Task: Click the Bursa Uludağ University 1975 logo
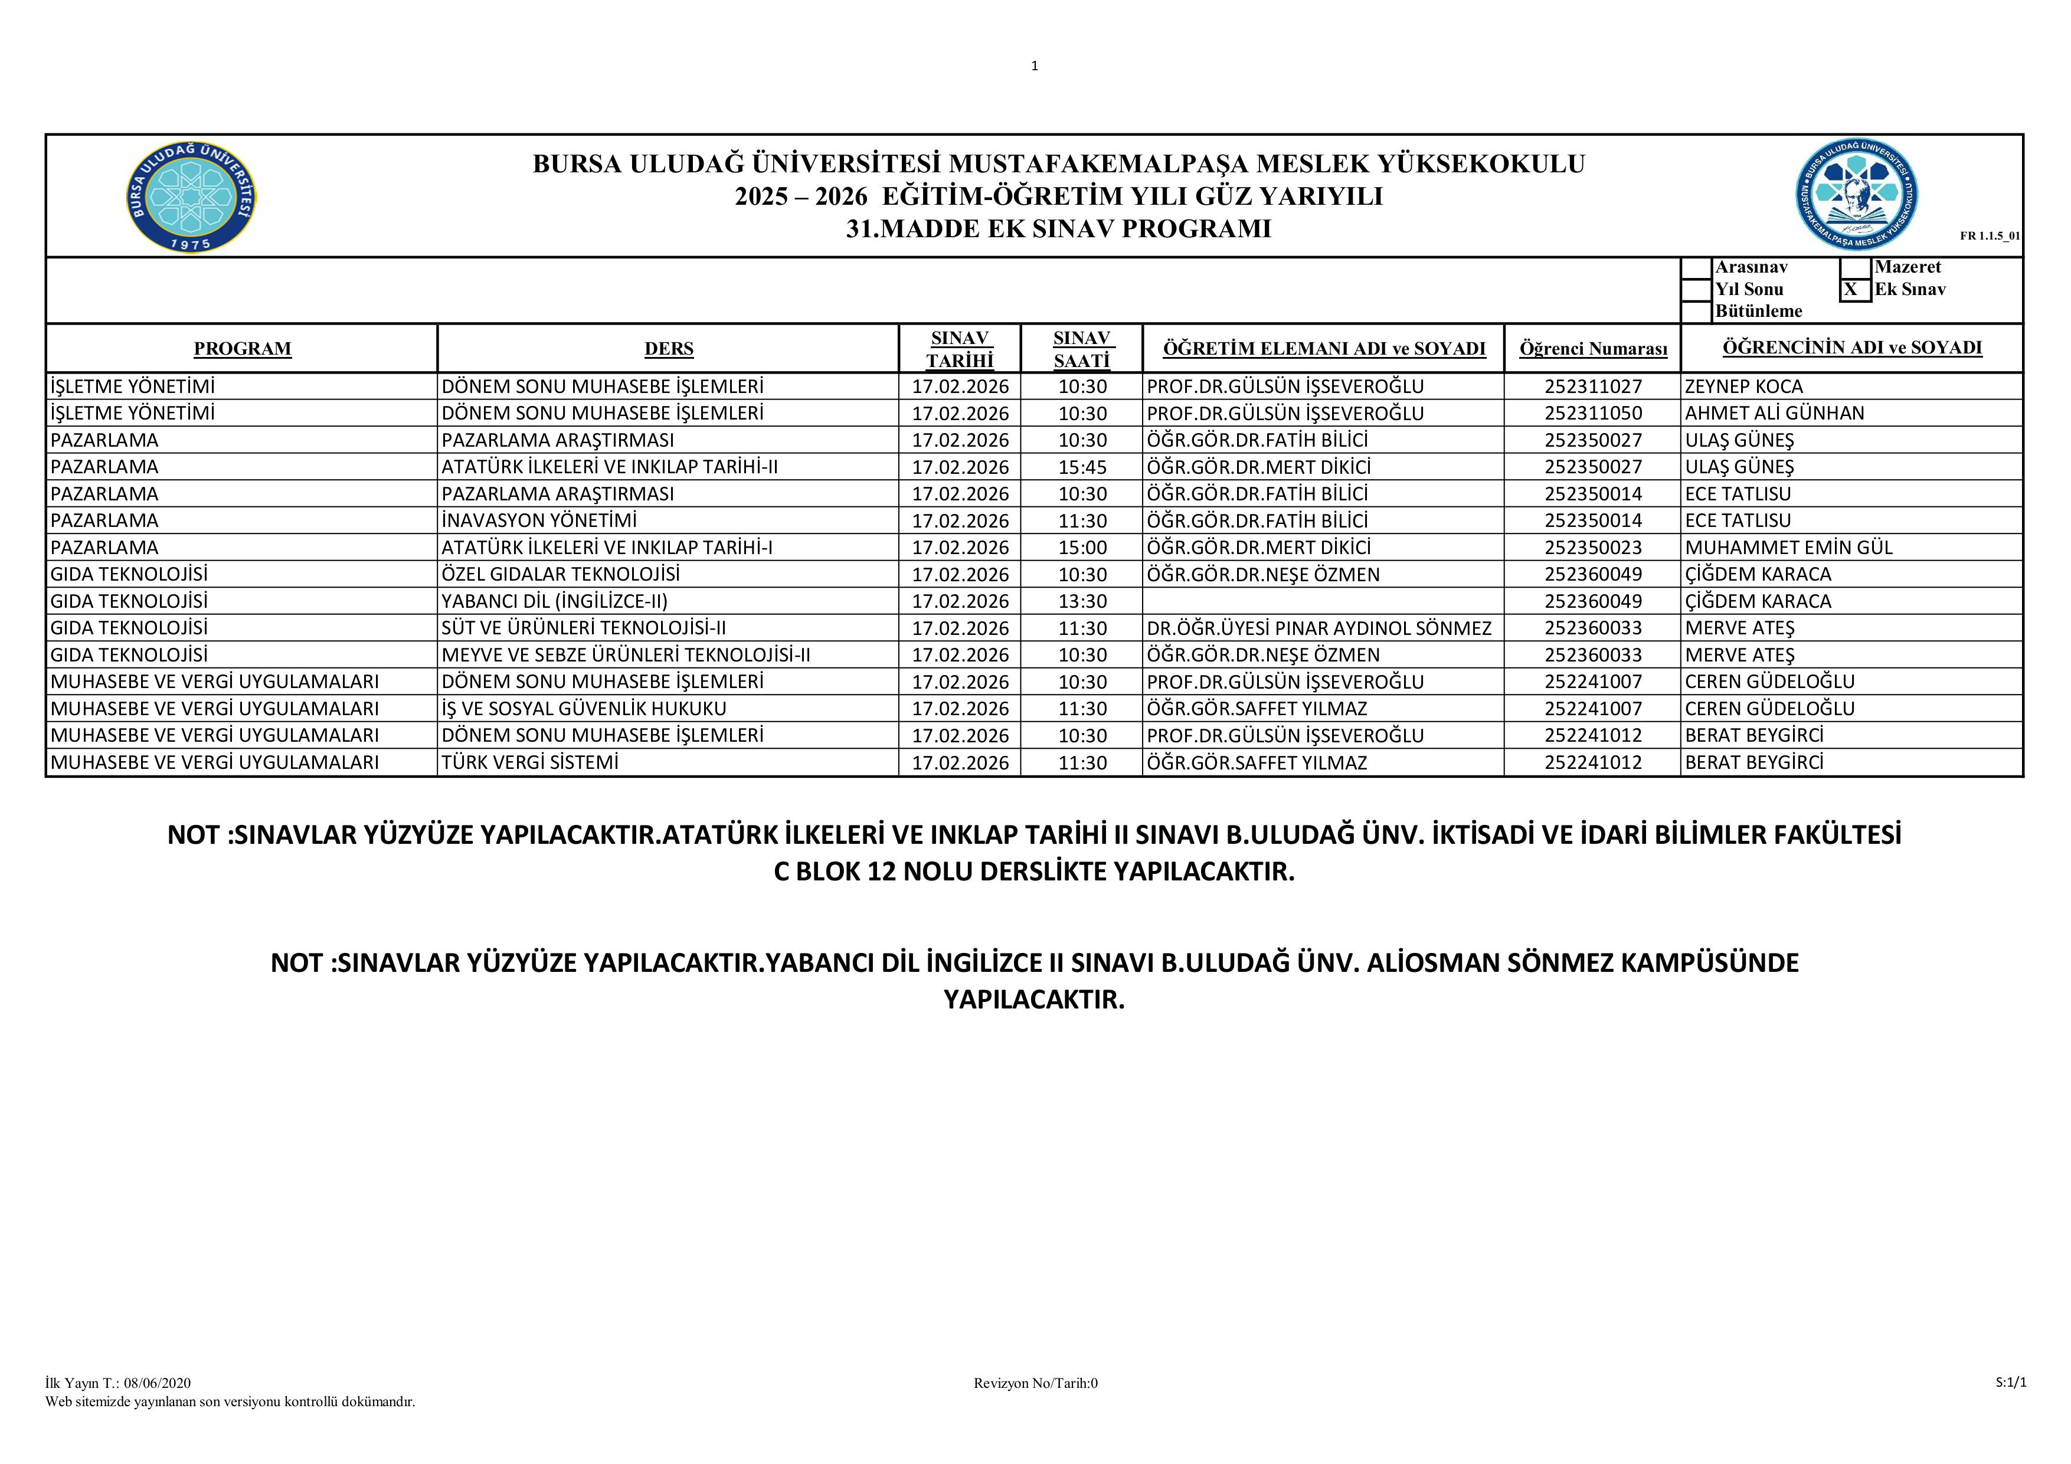pyautogui.click(x=191, y=196)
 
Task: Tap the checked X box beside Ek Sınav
pyautogui.click(x=1854, y=290)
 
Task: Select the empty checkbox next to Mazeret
pyautogui.click(x=1854, y=268)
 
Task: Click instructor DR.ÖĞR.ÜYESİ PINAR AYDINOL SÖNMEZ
pyautogui.click(x=1318, y=628)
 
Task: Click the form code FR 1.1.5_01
pyautogui.click(x=1990, y=237)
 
